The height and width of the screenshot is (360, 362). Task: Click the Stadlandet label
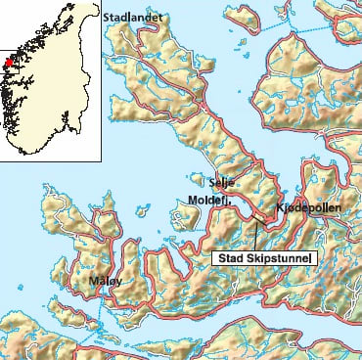136,17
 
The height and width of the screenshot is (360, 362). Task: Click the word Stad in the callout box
230,258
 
